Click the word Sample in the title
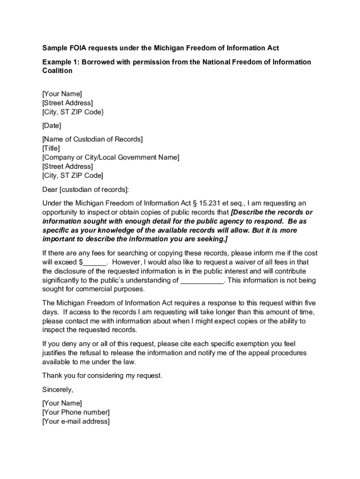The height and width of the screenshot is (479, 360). (55, 48)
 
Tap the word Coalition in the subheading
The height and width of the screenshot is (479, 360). (58, 71)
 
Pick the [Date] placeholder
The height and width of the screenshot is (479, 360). (51, 125)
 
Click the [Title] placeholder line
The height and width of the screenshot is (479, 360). (51, 148)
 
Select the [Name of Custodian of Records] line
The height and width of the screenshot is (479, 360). (93, 139)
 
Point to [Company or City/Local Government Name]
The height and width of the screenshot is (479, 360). (110, 158)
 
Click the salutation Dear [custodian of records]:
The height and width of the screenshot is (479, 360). (85, 189)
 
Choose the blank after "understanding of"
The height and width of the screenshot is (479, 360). (202, 281)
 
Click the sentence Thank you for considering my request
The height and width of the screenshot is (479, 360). (102, 376)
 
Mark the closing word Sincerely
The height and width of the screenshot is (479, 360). (58, 390)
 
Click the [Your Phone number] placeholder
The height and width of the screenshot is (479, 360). (76, 412)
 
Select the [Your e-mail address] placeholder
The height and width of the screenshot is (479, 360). (76, 421)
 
